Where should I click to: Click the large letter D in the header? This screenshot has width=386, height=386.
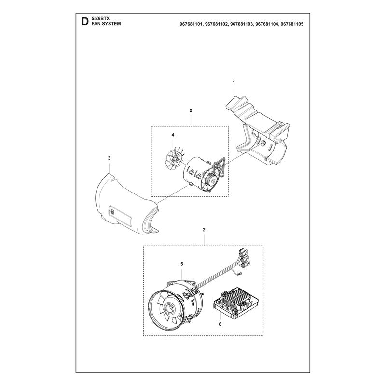pos(85,21)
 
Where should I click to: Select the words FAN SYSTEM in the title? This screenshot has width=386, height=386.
pos(106,24)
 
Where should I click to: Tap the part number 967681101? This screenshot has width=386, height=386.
pos(191,24)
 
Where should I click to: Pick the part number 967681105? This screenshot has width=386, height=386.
pos(292,24)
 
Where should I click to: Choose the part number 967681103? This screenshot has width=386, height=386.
pos(242,24)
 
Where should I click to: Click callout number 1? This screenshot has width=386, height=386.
pos(234,82)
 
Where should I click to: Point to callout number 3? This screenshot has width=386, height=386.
pos(110,158)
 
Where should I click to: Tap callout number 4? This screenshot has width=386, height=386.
pos(173,135)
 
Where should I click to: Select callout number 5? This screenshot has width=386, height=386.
pos(182,264)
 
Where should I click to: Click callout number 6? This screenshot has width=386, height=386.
pos(220,324)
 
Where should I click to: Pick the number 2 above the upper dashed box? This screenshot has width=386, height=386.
pos(191,110)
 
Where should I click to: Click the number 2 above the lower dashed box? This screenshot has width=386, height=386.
pos(204,230)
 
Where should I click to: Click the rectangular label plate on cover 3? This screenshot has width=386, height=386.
pos(120,215)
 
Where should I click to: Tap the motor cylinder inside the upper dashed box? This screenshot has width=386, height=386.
pos(197,172)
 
